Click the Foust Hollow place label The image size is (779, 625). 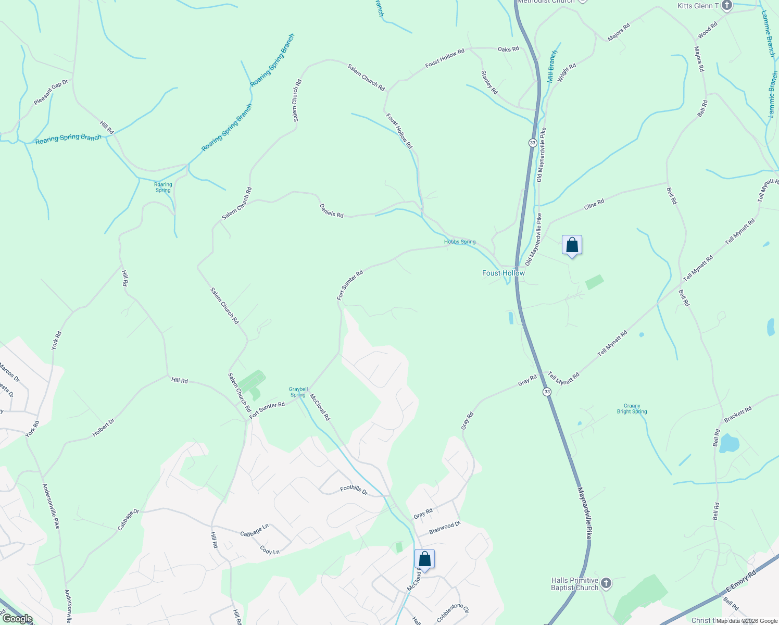503,273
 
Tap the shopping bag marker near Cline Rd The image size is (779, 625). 572,245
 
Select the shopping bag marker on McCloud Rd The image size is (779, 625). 424,559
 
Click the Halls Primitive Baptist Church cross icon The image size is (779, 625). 606,583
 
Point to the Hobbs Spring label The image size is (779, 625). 460,242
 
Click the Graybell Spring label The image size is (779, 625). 298,392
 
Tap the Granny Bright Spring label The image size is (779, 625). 632,409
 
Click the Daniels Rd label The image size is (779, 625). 332,210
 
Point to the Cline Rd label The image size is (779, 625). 594,204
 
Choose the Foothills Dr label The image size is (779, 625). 354,490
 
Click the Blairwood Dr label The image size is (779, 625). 445,528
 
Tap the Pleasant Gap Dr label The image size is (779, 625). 51,92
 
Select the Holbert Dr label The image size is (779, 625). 103,428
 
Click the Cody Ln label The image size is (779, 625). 270,551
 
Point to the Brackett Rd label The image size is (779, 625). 738,414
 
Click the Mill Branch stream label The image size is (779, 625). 552,67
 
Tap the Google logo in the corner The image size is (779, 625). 17,619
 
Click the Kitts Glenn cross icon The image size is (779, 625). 727,6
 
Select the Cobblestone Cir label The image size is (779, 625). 453,613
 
